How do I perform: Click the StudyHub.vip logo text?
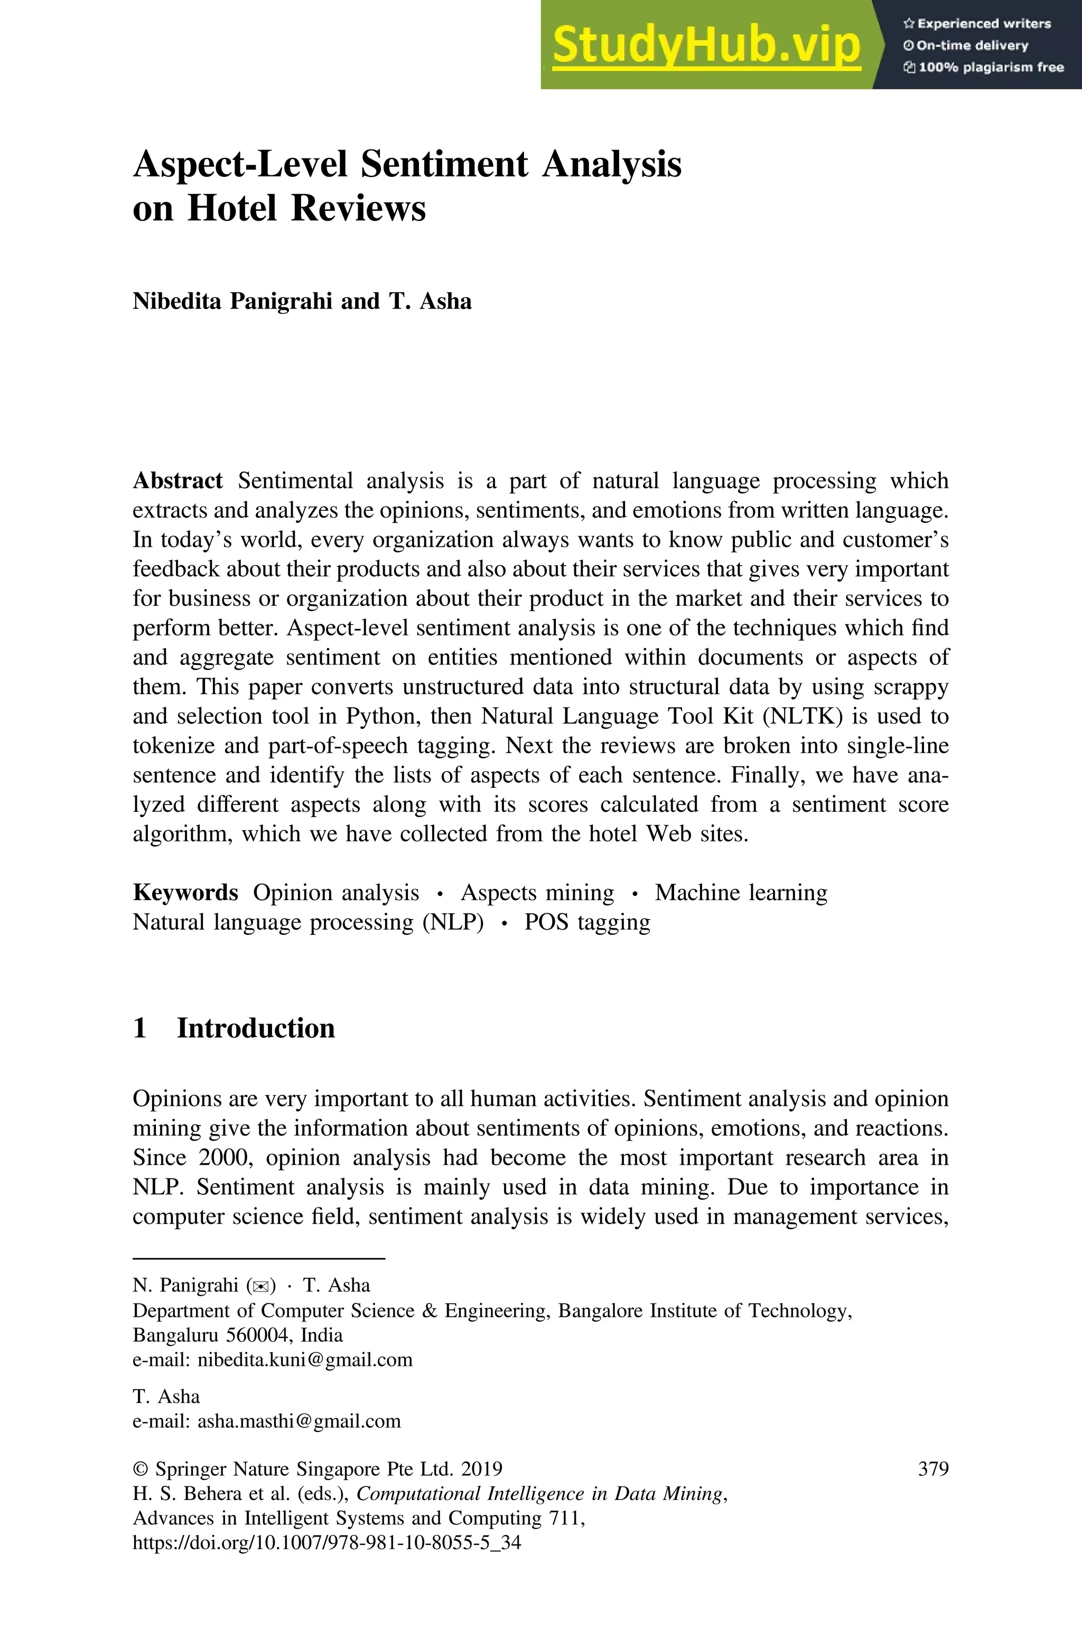(x=706, y=45)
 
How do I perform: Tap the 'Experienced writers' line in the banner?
(x=976, y=23)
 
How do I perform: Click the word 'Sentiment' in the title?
(x=444, y=165)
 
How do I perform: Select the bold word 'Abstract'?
(x=178, y=481)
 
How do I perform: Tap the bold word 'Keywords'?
(x=185, y=893)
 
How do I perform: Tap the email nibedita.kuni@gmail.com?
(x=304, y=1360)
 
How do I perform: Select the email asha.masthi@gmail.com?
(x=299, y=1421)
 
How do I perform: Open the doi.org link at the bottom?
(x=327, y=1542)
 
